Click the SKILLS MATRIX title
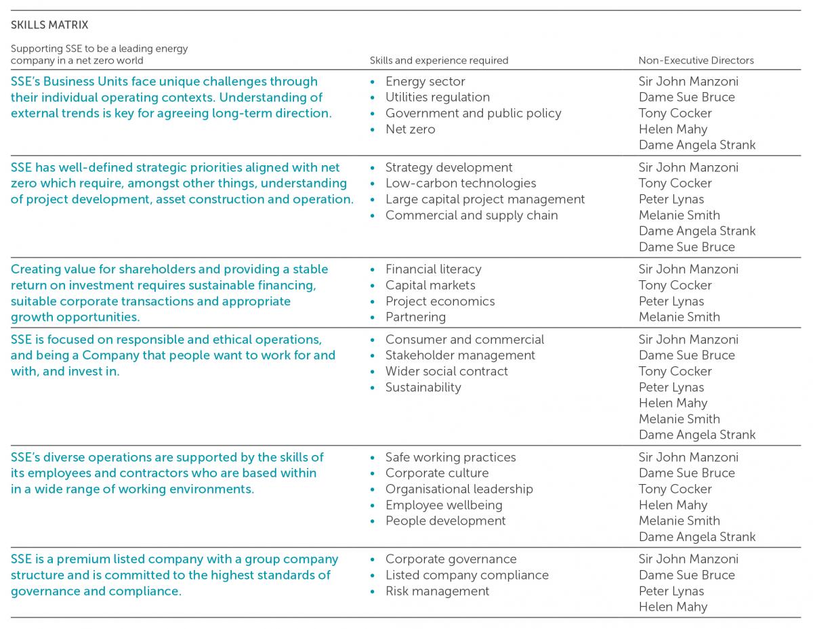(49, 25)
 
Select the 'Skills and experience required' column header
(438, 60)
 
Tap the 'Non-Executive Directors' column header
(696, 60)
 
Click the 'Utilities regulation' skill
(437, 97)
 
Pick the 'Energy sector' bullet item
(425, 81)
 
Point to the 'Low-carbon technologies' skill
(460, 183)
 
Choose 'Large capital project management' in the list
(484, 200)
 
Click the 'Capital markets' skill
(430, 286)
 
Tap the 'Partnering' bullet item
(415, 317)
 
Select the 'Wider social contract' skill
(446, 372)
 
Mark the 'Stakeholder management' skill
(460, 355)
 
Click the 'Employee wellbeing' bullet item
(444, 505)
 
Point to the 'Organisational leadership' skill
(459, 490)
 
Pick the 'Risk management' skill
(437, 591)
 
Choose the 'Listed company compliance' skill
(467, 576)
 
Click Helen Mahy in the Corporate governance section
(672, 607)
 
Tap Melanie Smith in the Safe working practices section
(679, 521)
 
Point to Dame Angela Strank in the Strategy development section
(696, 231)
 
